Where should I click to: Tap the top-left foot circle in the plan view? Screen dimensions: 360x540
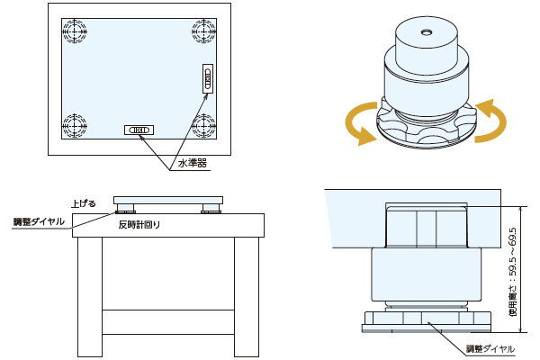[76, 29]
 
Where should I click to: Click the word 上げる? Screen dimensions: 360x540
[83, 204]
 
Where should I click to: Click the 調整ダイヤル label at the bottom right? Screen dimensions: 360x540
[490, 348]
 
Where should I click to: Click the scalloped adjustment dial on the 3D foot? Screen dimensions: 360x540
[423, 130]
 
